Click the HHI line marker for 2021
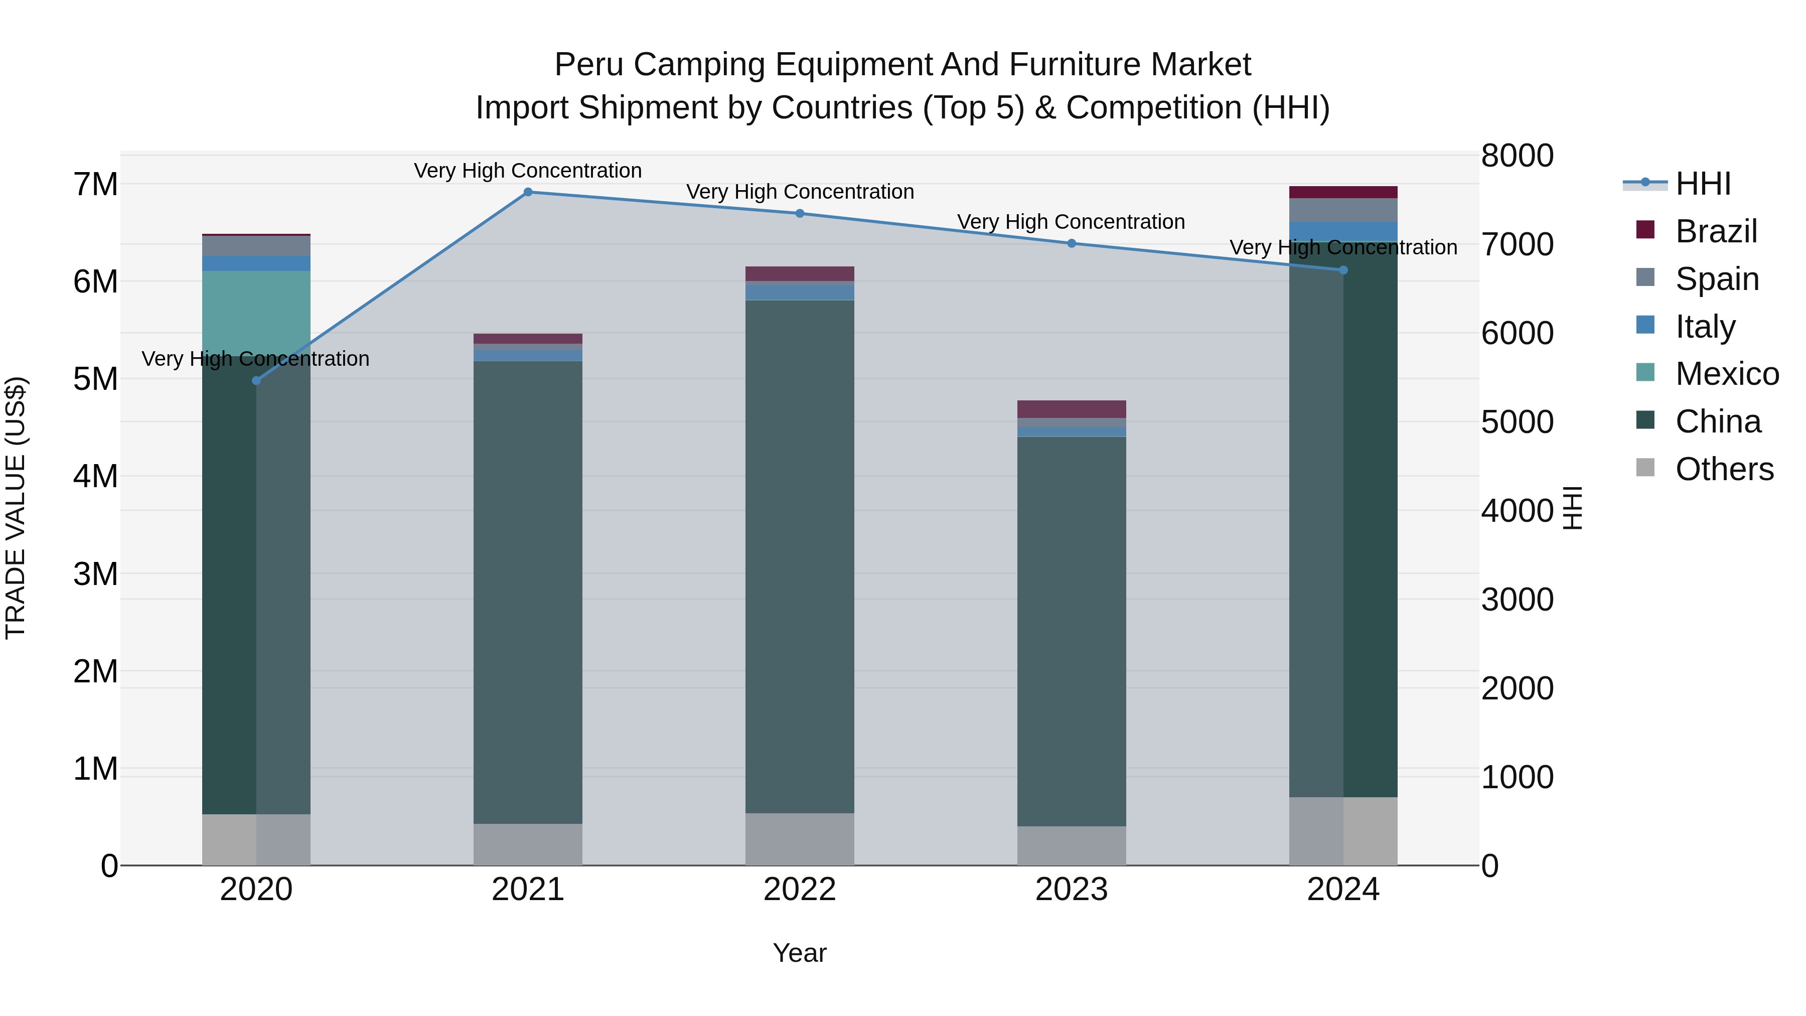[528, 192]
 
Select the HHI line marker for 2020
[256, 381]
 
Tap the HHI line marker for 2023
[1071, 243]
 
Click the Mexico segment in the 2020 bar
[256, 309]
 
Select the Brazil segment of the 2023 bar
[1071, 409]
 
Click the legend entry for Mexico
[1726, 374]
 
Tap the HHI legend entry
[1702, 184]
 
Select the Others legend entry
[1723, 469]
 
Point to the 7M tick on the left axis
[95, 185]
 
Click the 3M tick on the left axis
[95, 574]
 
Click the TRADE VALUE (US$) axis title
[16, 508]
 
